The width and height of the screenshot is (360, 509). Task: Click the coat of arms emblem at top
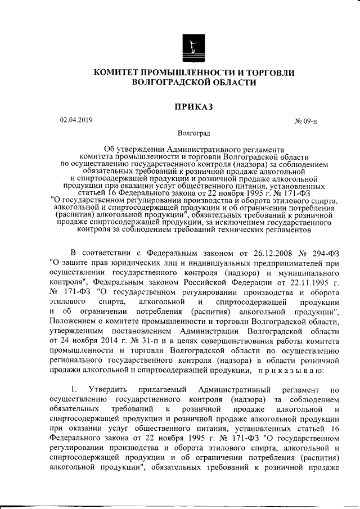[x=194, y=46]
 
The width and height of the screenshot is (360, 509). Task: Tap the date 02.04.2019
[x=76, y=119]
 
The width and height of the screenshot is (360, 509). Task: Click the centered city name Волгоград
[x=194, y=134]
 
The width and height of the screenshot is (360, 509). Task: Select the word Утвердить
[x=111, y=390]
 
